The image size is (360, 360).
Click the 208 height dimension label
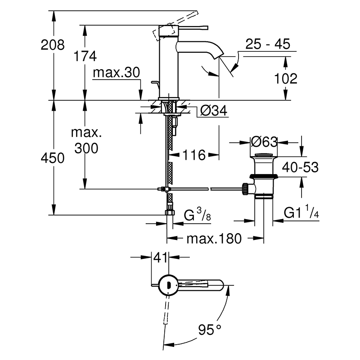[53, 45]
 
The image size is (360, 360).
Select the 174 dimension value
[85, 56]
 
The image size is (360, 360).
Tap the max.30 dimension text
[116, 72]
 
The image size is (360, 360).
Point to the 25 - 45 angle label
[268, 44]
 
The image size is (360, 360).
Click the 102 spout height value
[286, 78]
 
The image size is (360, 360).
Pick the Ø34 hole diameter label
[214, 111]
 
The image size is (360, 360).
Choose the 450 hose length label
[53, 158]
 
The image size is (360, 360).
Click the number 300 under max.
[86, 148]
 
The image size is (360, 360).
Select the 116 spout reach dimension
[194, 155]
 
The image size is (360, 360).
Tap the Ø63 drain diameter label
[264, 142]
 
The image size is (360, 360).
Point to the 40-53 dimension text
[300, 167]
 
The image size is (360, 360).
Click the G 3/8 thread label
[197, 215]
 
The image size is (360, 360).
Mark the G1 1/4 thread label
[301, 211]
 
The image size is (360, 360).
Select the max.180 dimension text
[214, 238]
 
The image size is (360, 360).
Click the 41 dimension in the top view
[160, 257]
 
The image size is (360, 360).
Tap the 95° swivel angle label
[210, 330]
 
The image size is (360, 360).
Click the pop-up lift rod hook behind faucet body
[155, 84]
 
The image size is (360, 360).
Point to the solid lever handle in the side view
[193, 27]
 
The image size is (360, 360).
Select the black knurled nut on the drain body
[245, 189]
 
